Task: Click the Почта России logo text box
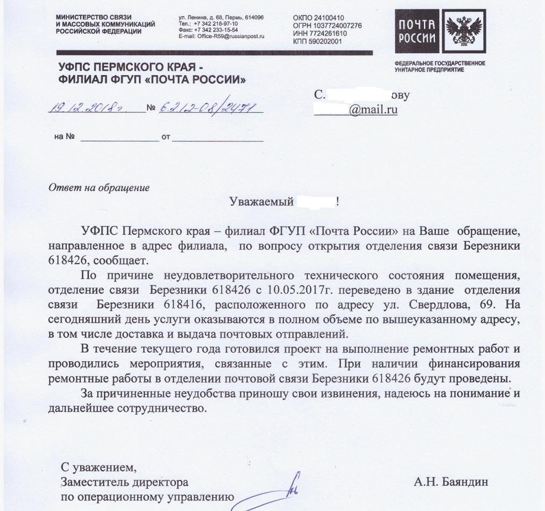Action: tap(417, 31)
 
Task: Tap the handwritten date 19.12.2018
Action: tap(87, 108)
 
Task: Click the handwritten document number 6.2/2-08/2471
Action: tap(210, 108)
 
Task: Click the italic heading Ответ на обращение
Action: tap(99, 188)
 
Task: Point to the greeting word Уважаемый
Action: tap(261, 202)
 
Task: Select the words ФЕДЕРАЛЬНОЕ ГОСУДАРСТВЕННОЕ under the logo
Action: tap(440, 63)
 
